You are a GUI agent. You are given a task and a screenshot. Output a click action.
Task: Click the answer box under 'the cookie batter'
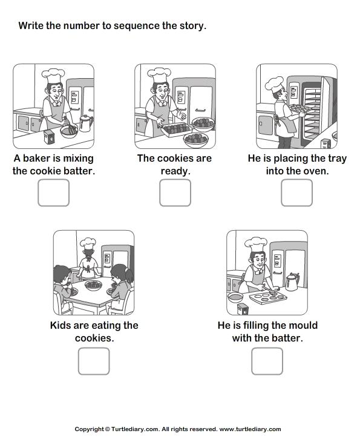coord(54,193)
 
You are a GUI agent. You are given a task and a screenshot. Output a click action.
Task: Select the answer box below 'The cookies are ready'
coord(175,193)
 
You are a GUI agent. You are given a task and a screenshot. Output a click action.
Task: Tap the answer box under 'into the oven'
coord(296,193)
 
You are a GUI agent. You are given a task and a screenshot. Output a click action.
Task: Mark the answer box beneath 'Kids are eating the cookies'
coord(94,361)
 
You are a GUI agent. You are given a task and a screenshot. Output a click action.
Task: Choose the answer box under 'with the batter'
coord(267,361)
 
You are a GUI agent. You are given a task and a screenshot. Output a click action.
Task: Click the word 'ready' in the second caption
coord(175,171)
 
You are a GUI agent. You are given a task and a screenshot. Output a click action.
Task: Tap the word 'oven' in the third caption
coord(313,171)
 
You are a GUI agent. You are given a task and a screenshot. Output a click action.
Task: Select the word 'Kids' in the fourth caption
coord(63,326)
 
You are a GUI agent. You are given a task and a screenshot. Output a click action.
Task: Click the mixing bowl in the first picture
coord(68,131)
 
